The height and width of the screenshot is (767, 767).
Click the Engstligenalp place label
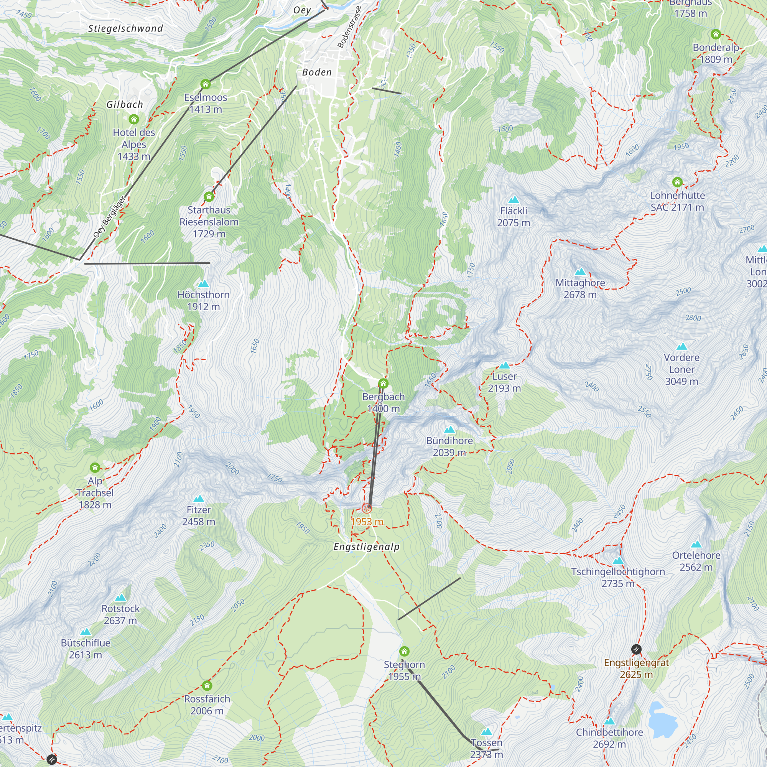pos(366,546)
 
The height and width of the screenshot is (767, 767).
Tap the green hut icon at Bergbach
pos(383,383)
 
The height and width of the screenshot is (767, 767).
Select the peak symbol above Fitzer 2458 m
pos(199,499)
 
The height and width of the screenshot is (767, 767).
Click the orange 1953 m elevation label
pos(367,522)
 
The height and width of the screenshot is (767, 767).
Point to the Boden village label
pos(316,72)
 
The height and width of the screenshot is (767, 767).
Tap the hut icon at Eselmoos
pos(205,84)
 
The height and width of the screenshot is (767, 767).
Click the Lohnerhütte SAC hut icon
pos(677,182)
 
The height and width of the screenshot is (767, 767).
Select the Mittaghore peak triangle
pos(580,272)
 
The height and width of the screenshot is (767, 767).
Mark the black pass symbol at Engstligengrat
pos(636,650)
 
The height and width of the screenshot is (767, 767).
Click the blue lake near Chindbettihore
pos(662,718)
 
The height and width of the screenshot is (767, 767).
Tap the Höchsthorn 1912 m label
pos(203,301)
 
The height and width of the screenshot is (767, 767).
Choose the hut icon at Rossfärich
pos(207,686)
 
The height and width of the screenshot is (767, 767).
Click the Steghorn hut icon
pos(404,652)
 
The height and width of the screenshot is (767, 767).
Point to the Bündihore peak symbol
pos(449,430)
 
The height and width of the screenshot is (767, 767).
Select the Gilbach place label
pos(125,104)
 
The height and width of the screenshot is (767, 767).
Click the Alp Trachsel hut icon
pos(94,467)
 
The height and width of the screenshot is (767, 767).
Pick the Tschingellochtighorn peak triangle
pos(618,561)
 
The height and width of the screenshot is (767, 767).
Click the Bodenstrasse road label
pos(349,27)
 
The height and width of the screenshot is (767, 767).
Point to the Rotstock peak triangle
pos(120,597)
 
